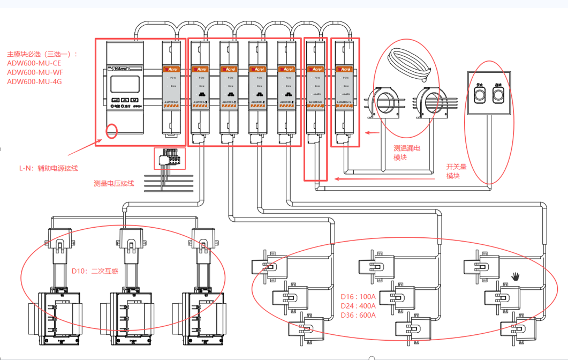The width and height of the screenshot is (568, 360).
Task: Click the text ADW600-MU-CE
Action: (34, 63)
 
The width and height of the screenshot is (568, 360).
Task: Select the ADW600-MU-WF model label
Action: (35, 72)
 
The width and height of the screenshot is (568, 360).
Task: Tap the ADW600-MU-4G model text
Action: (34, 81)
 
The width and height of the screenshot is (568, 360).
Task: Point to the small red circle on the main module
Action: (111, 131)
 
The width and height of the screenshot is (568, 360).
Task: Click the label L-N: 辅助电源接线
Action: (48, 168)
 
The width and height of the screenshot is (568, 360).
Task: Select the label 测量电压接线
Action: (113, 183)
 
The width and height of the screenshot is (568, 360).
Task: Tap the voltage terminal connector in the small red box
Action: (169, 159)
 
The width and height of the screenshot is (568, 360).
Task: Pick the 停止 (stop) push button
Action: (480, 94)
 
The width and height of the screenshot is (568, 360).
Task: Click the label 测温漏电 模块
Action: (406, 152)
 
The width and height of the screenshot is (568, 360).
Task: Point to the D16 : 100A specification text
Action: (358, 296)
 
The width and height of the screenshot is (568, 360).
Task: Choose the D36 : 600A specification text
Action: (358, 315)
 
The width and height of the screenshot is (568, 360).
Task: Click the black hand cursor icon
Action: (515, 276)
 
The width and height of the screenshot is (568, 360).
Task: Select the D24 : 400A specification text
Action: (358, 305)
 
